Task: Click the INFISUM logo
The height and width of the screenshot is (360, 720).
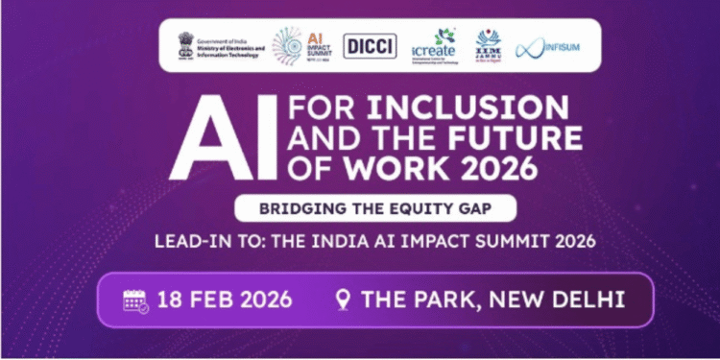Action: coord(550,46)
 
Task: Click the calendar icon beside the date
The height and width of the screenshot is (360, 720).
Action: coord(136,300)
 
